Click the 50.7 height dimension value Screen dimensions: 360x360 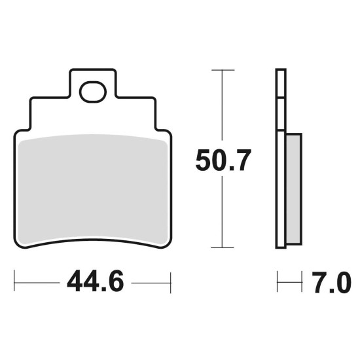(x=223, y=160)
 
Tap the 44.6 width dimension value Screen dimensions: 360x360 (x=96, y=281)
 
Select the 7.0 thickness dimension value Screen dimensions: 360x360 (x=332, y=282)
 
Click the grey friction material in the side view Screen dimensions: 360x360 (x=294, y=189)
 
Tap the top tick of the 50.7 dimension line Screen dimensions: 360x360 (x=223, y=70)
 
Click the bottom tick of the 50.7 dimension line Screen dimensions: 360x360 (x=223, y=247)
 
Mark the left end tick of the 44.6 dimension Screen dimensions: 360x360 (x=14, y=281)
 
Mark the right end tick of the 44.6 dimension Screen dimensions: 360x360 (x=171, y=283)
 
